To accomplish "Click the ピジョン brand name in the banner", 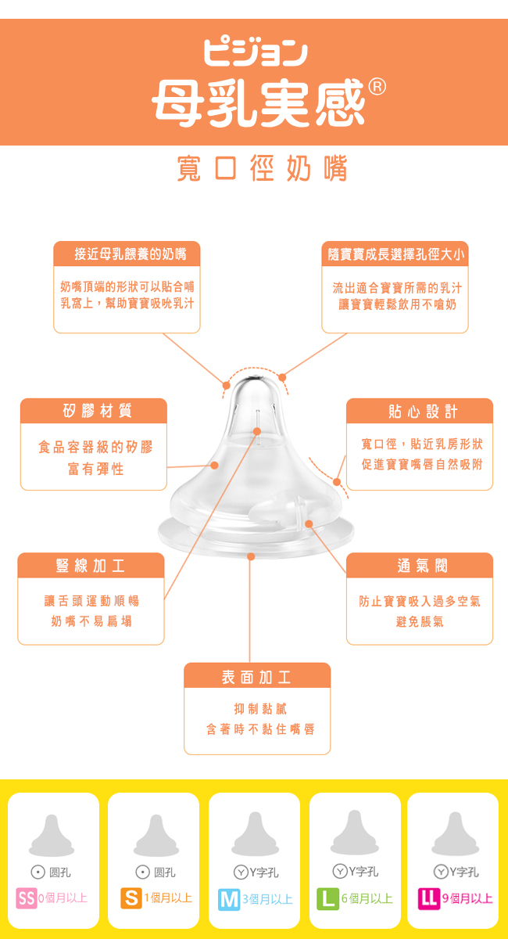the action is pos(256,53).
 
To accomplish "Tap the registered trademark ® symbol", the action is pos(377,87).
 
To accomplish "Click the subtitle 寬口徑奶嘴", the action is pos(262,168).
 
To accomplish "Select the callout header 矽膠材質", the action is pos(97,411).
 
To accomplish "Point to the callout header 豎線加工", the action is pos(91,566).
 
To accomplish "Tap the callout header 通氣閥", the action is pos(422,566).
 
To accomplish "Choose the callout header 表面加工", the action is pos(256,677).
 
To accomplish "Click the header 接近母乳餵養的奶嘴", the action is pos(131,254).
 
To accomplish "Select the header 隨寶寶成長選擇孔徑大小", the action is pos(395,254).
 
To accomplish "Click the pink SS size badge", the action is pos(27,898).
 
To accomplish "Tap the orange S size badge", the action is pos(131,898).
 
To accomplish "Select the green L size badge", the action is pos(327,899).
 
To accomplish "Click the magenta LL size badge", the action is pos(429,899).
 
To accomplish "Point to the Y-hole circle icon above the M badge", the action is pos(241,872).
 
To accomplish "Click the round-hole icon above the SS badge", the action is pos(38,872).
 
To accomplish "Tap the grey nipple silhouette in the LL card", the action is pos(455,834).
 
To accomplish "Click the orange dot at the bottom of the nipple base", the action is pos(251,556).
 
